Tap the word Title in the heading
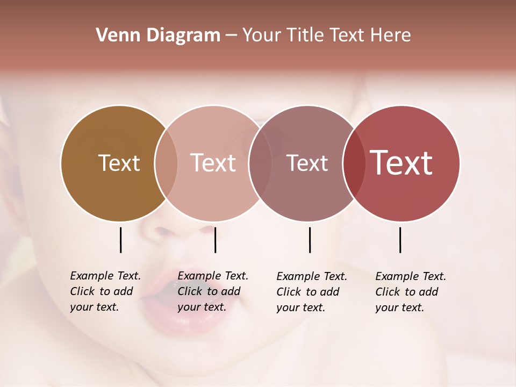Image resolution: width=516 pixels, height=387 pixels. click(x=305, y=35)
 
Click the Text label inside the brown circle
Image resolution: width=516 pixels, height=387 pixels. click(x=119, y=163)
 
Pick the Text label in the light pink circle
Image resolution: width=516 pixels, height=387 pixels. click(x=213, y=163)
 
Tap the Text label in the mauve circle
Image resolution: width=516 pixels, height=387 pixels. click(x=307, y=163)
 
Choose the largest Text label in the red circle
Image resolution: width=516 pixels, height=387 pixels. click(x=402, y=163)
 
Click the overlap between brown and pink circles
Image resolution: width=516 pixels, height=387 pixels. click(x=166, y=163)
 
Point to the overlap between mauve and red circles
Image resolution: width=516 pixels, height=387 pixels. click(x=354, y=163)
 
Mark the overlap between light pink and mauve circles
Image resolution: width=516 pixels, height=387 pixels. click(x=259, y=163)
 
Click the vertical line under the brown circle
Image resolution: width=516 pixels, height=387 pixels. click(x=120, y=240)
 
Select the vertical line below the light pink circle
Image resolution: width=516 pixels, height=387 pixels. click(x=215, y=240)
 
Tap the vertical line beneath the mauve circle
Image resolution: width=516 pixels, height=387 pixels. click(x=310, y=240)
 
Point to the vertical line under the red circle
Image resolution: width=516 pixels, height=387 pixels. click(x=400, y=240)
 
